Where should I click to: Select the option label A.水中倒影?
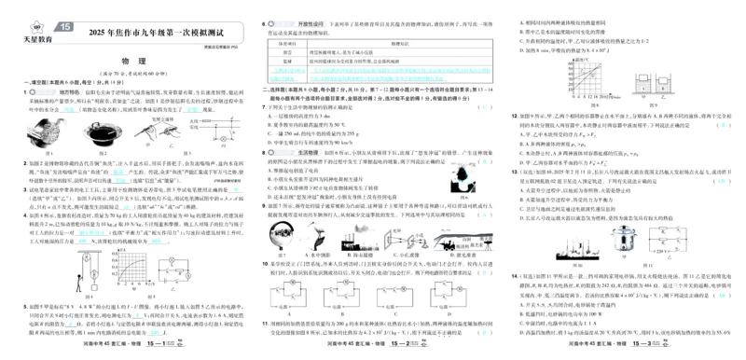(285, 255)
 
